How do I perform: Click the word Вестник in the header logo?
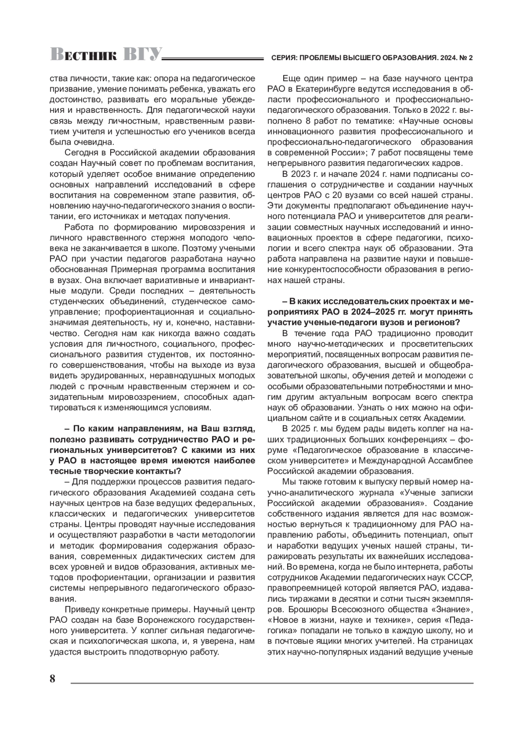pos(83,54)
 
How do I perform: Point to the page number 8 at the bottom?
pos(53,679)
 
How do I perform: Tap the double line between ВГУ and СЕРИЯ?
pos(214,57)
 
